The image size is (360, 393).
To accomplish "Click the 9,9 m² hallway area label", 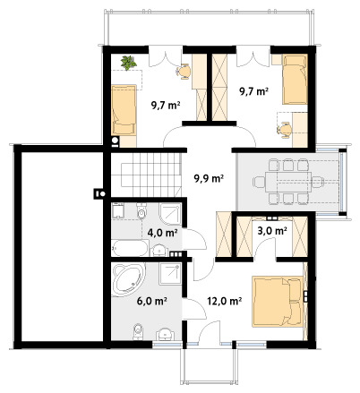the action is (x=209, y=178).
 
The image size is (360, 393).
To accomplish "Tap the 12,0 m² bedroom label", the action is (x=225, y=301).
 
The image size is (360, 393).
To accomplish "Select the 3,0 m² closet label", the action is (x=272, y=231).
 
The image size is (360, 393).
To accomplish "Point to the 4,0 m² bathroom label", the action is (x=163, y=233).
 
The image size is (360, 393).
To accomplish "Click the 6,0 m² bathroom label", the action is (x=151, y=301).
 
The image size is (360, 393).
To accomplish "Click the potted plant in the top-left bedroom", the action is (x=128, y=63).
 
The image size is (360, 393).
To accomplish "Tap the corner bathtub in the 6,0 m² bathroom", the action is (x=128, y=279).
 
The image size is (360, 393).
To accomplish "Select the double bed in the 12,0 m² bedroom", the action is (x=278, y=302).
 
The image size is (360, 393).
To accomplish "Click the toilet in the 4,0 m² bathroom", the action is (x=141, y=210).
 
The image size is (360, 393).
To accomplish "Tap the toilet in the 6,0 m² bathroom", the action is (x=138, y=331).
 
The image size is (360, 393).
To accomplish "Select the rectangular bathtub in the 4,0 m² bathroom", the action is (x=130, y=248).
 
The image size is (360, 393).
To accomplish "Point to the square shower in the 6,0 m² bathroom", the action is (x=170, y=274).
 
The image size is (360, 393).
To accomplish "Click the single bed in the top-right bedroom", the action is (x=295, y=79).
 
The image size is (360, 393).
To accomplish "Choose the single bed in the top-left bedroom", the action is (x=124, y=110).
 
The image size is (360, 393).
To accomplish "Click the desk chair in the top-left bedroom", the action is (x=184, y=72).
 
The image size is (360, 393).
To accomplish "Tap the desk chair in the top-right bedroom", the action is (x=285, y=130).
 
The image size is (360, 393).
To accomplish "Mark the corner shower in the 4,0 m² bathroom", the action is (x=170, y=214).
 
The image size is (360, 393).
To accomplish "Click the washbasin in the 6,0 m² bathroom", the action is (x=165, y=334).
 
